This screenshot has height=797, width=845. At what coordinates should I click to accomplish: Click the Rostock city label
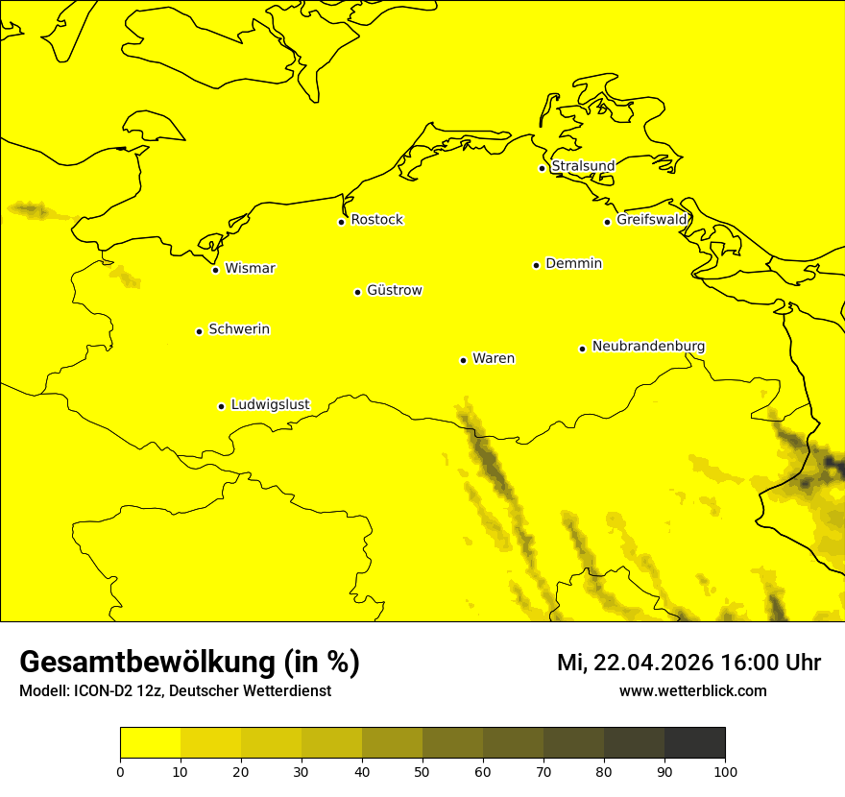(x=376, y=220)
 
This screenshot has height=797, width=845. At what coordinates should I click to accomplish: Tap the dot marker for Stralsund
(x=542, y=168)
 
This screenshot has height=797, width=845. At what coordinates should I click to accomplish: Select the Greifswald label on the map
(x=652, y=220)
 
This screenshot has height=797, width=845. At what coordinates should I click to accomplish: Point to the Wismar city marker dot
(x=216, y=270)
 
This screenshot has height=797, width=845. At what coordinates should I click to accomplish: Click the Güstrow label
(x=394, y=290)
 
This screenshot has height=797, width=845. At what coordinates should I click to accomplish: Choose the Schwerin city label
(x=239, y=329)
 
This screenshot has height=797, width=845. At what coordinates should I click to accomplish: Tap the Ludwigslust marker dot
(x=221, y=406)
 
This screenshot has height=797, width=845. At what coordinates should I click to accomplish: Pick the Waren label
(x=494, y=358)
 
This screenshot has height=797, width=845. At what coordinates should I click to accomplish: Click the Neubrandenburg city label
(x=648, y=346)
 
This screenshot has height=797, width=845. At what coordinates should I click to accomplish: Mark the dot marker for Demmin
(x=536, y=265)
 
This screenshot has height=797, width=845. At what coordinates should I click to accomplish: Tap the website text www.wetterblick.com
(x=692, y=690)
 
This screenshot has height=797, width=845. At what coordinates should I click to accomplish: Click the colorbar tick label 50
(x=422, y=771)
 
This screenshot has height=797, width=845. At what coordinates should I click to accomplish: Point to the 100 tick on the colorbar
(x=725, y=771)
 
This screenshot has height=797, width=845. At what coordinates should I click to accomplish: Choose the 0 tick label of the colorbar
(x=120, y=771)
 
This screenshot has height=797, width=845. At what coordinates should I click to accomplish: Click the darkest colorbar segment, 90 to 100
(x=694, y=743)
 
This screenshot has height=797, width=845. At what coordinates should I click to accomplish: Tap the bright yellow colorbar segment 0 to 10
(x=150, y=743)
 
